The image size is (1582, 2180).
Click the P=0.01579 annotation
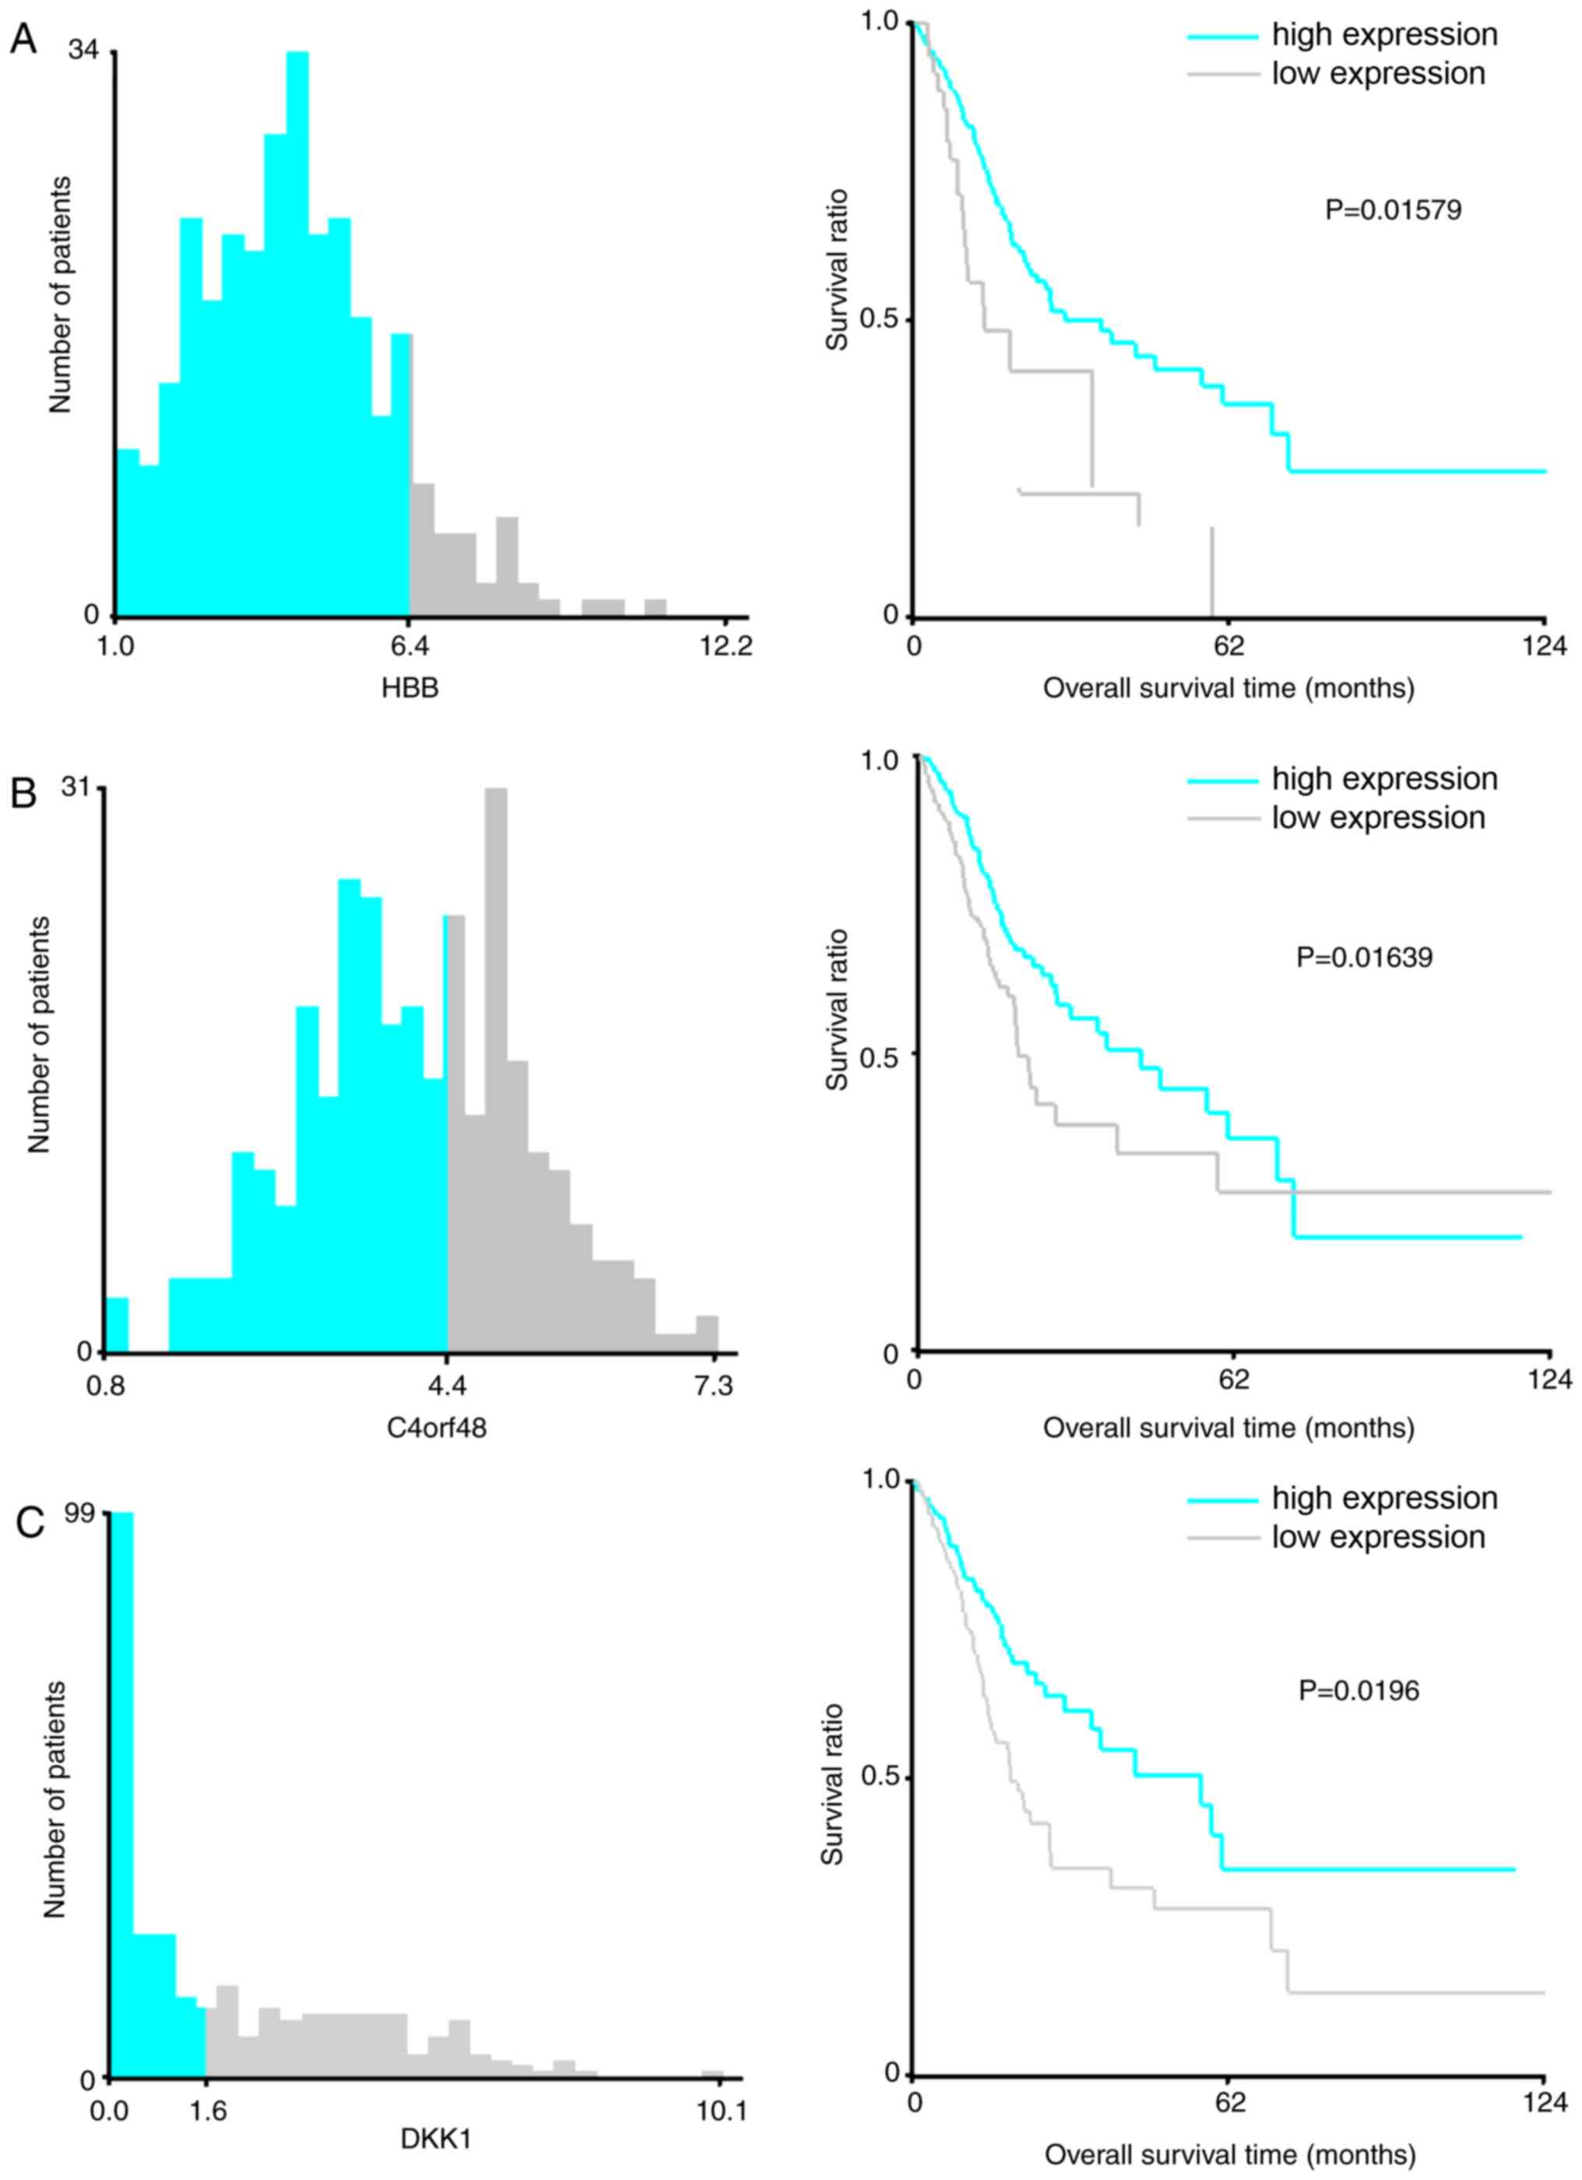[1393, 209]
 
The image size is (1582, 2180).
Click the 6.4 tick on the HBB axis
[410, 647]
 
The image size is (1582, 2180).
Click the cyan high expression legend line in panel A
[1222, 37]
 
